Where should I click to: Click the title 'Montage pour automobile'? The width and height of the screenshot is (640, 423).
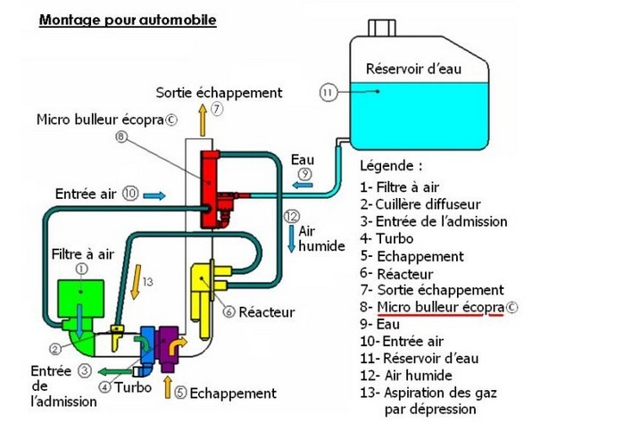point(128,19)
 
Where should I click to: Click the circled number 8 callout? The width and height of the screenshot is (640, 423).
point(121,137)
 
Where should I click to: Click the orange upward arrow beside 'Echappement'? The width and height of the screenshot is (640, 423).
point(167,386)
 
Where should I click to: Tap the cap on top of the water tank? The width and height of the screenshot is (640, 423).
point(383,29)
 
